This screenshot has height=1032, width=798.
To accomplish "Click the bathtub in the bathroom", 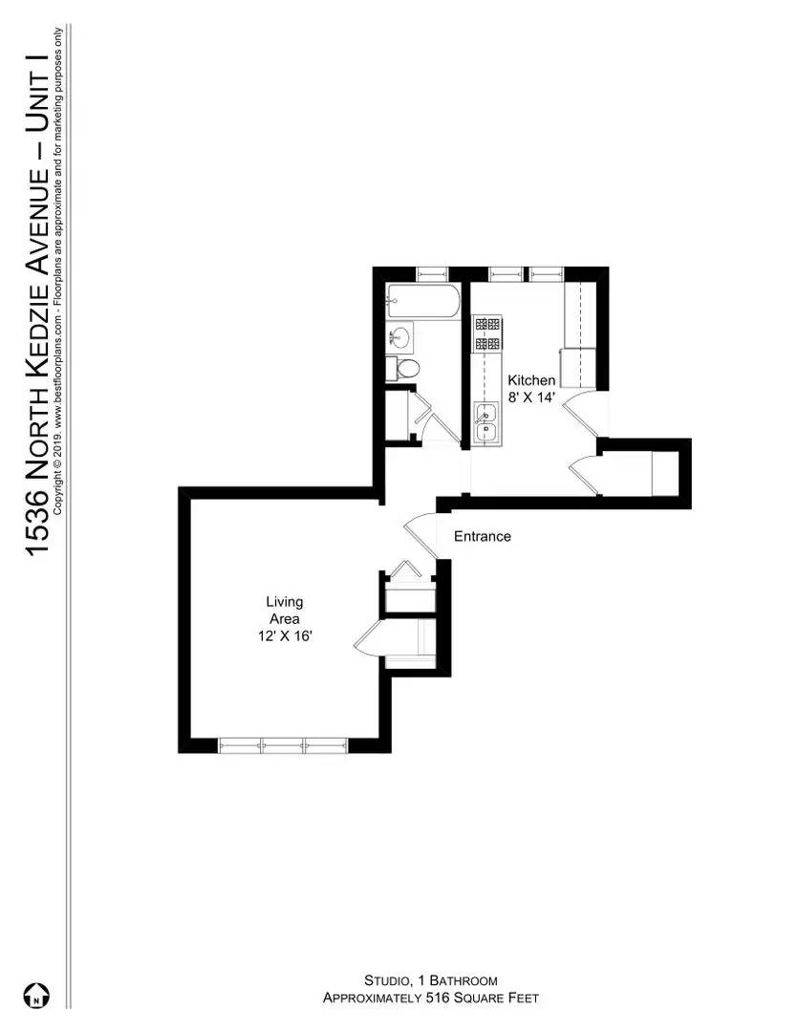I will pos(423,304).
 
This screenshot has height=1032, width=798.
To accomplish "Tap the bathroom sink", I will pos(401,337).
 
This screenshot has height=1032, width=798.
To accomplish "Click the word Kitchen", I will pos(530,379).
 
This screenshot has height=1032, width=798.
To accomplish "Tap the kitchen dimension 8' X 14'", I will pos(530,398).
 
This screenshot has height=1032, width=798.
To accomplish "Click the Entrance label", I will pos(482,537).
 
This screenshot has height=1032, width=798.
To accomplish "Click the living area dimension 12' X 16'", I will pos(285,636).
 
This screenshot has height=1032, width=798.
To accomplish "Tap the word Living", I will pos(285,602).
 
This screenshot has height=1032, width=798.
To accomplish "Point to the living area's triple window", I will pos(284,744).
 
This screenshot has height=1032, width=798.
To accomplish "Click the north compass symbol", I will pos(37,996).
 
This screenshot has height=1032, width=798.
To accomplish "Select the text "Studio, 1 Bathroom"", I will pos(430,980).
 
